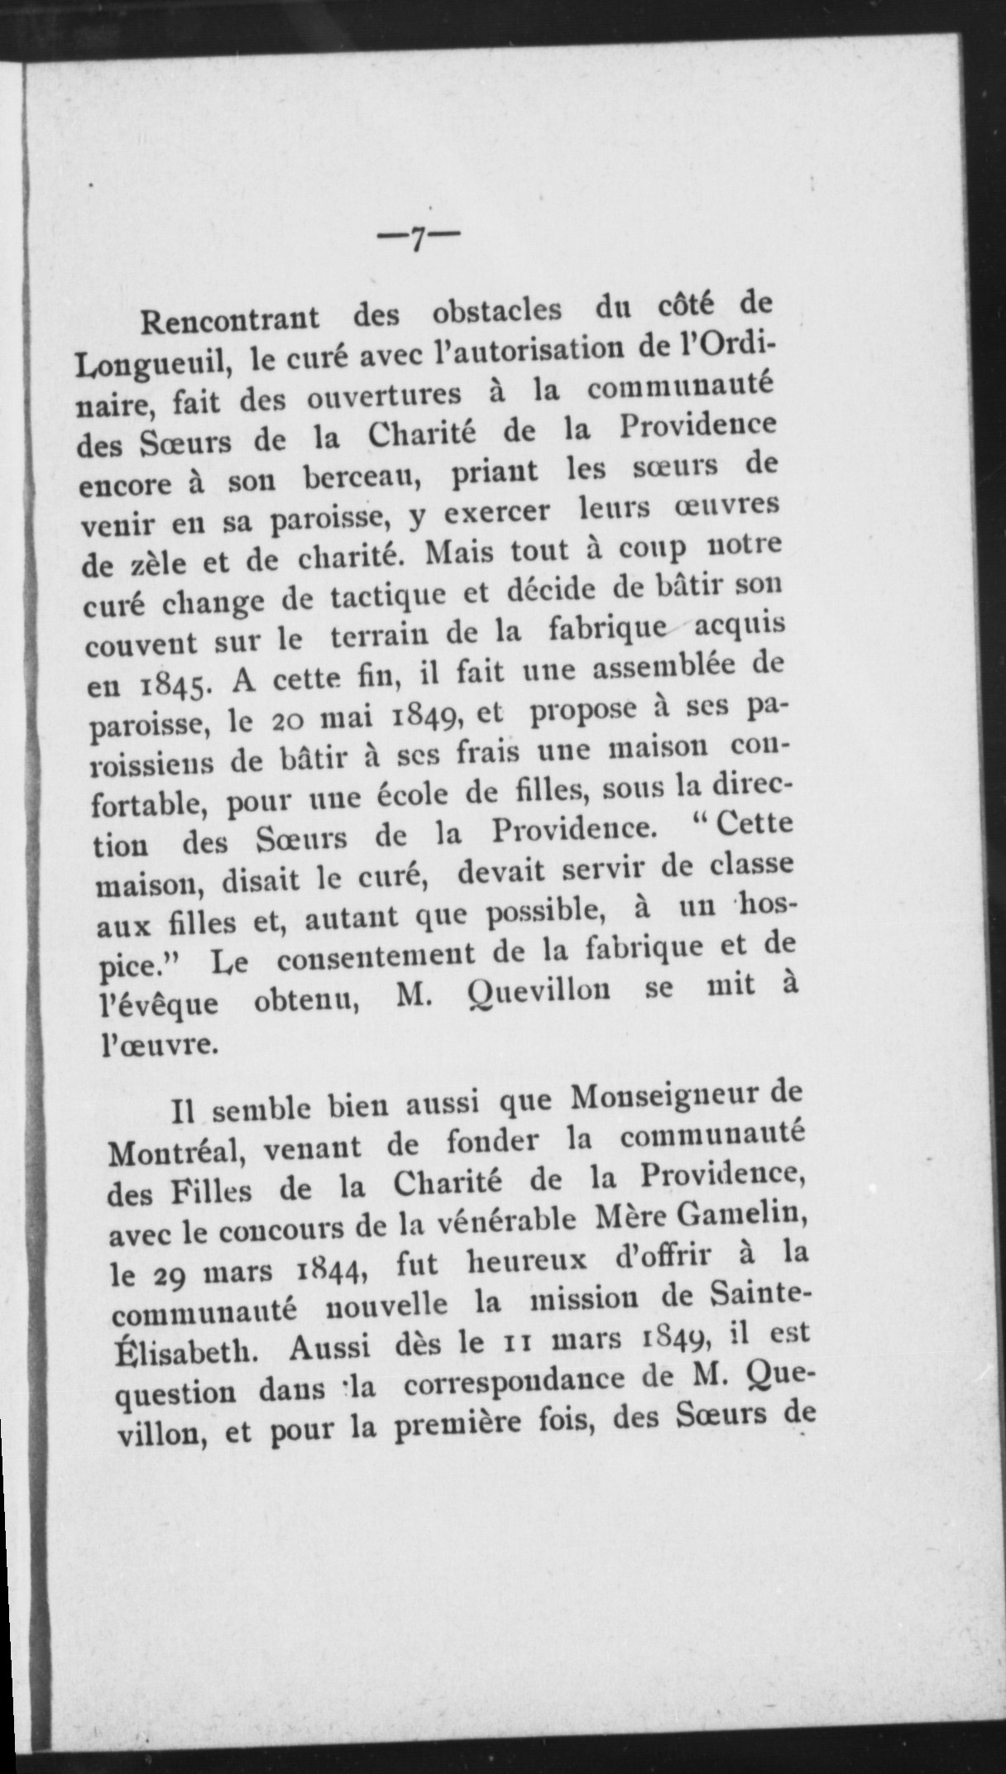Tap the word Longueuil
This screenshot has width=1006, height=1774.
[147, 362]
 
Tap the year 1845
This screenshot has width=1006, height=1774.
[180, 685]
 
